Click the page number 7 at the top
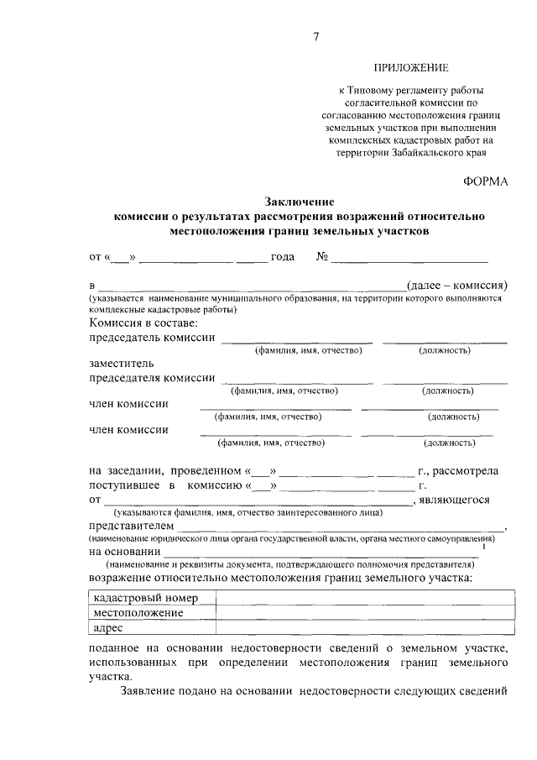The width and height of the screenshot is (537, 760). (x=316, y=35)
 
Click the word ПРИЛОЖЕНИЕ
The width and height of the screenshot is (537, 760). (x=411, y=67)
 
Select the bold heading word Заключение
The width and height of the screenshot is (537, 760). (x=300, y=202)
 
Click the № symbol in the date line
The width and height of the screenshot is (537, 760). (x=321, y=257)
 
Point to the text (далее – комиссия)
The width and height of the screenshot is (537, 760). (x=456, y=287)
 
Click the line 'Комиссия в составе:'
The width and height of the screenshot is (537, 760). (x=143, y=323)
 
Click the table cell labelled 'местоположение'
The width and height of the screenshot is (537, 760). (x=138, y=612)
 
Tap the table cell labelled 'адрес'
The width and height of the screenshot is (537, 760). (x=108, y=627)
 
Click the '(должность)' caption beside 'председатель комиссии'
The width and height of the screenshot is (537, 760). (x=444, y=350)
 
